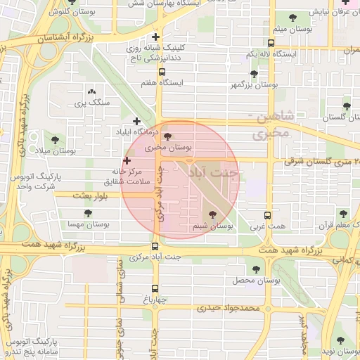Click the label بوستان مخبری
(168, 148)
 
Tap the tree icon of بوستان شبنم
(212, 214)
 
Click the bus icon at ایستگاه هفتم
(162, 72)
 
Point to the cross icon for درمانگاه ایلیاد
(136, 121)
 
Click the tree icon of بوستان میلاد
(55, 139)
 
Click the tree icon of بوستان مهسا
(88, 213)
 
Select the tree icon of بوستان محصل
(254, 269)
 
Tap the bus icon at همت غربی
(267, 216)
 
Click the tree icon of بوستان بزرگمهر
(253, 74)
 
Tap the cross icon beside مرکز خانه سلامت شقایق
(127, 161)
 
